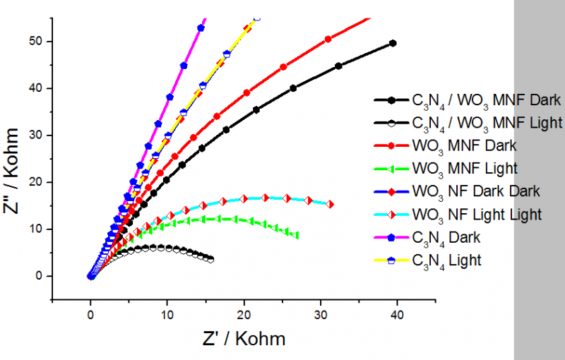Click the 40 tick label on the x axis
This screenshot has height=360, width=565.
397,313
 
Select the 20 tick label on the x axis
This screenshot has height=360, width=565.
244,313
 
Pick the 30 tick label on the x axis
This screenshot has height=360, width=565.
320,313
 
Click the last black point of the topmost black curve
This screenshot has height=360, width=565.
393,43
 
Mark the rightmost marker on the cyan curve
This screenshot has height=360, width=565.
330,205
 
